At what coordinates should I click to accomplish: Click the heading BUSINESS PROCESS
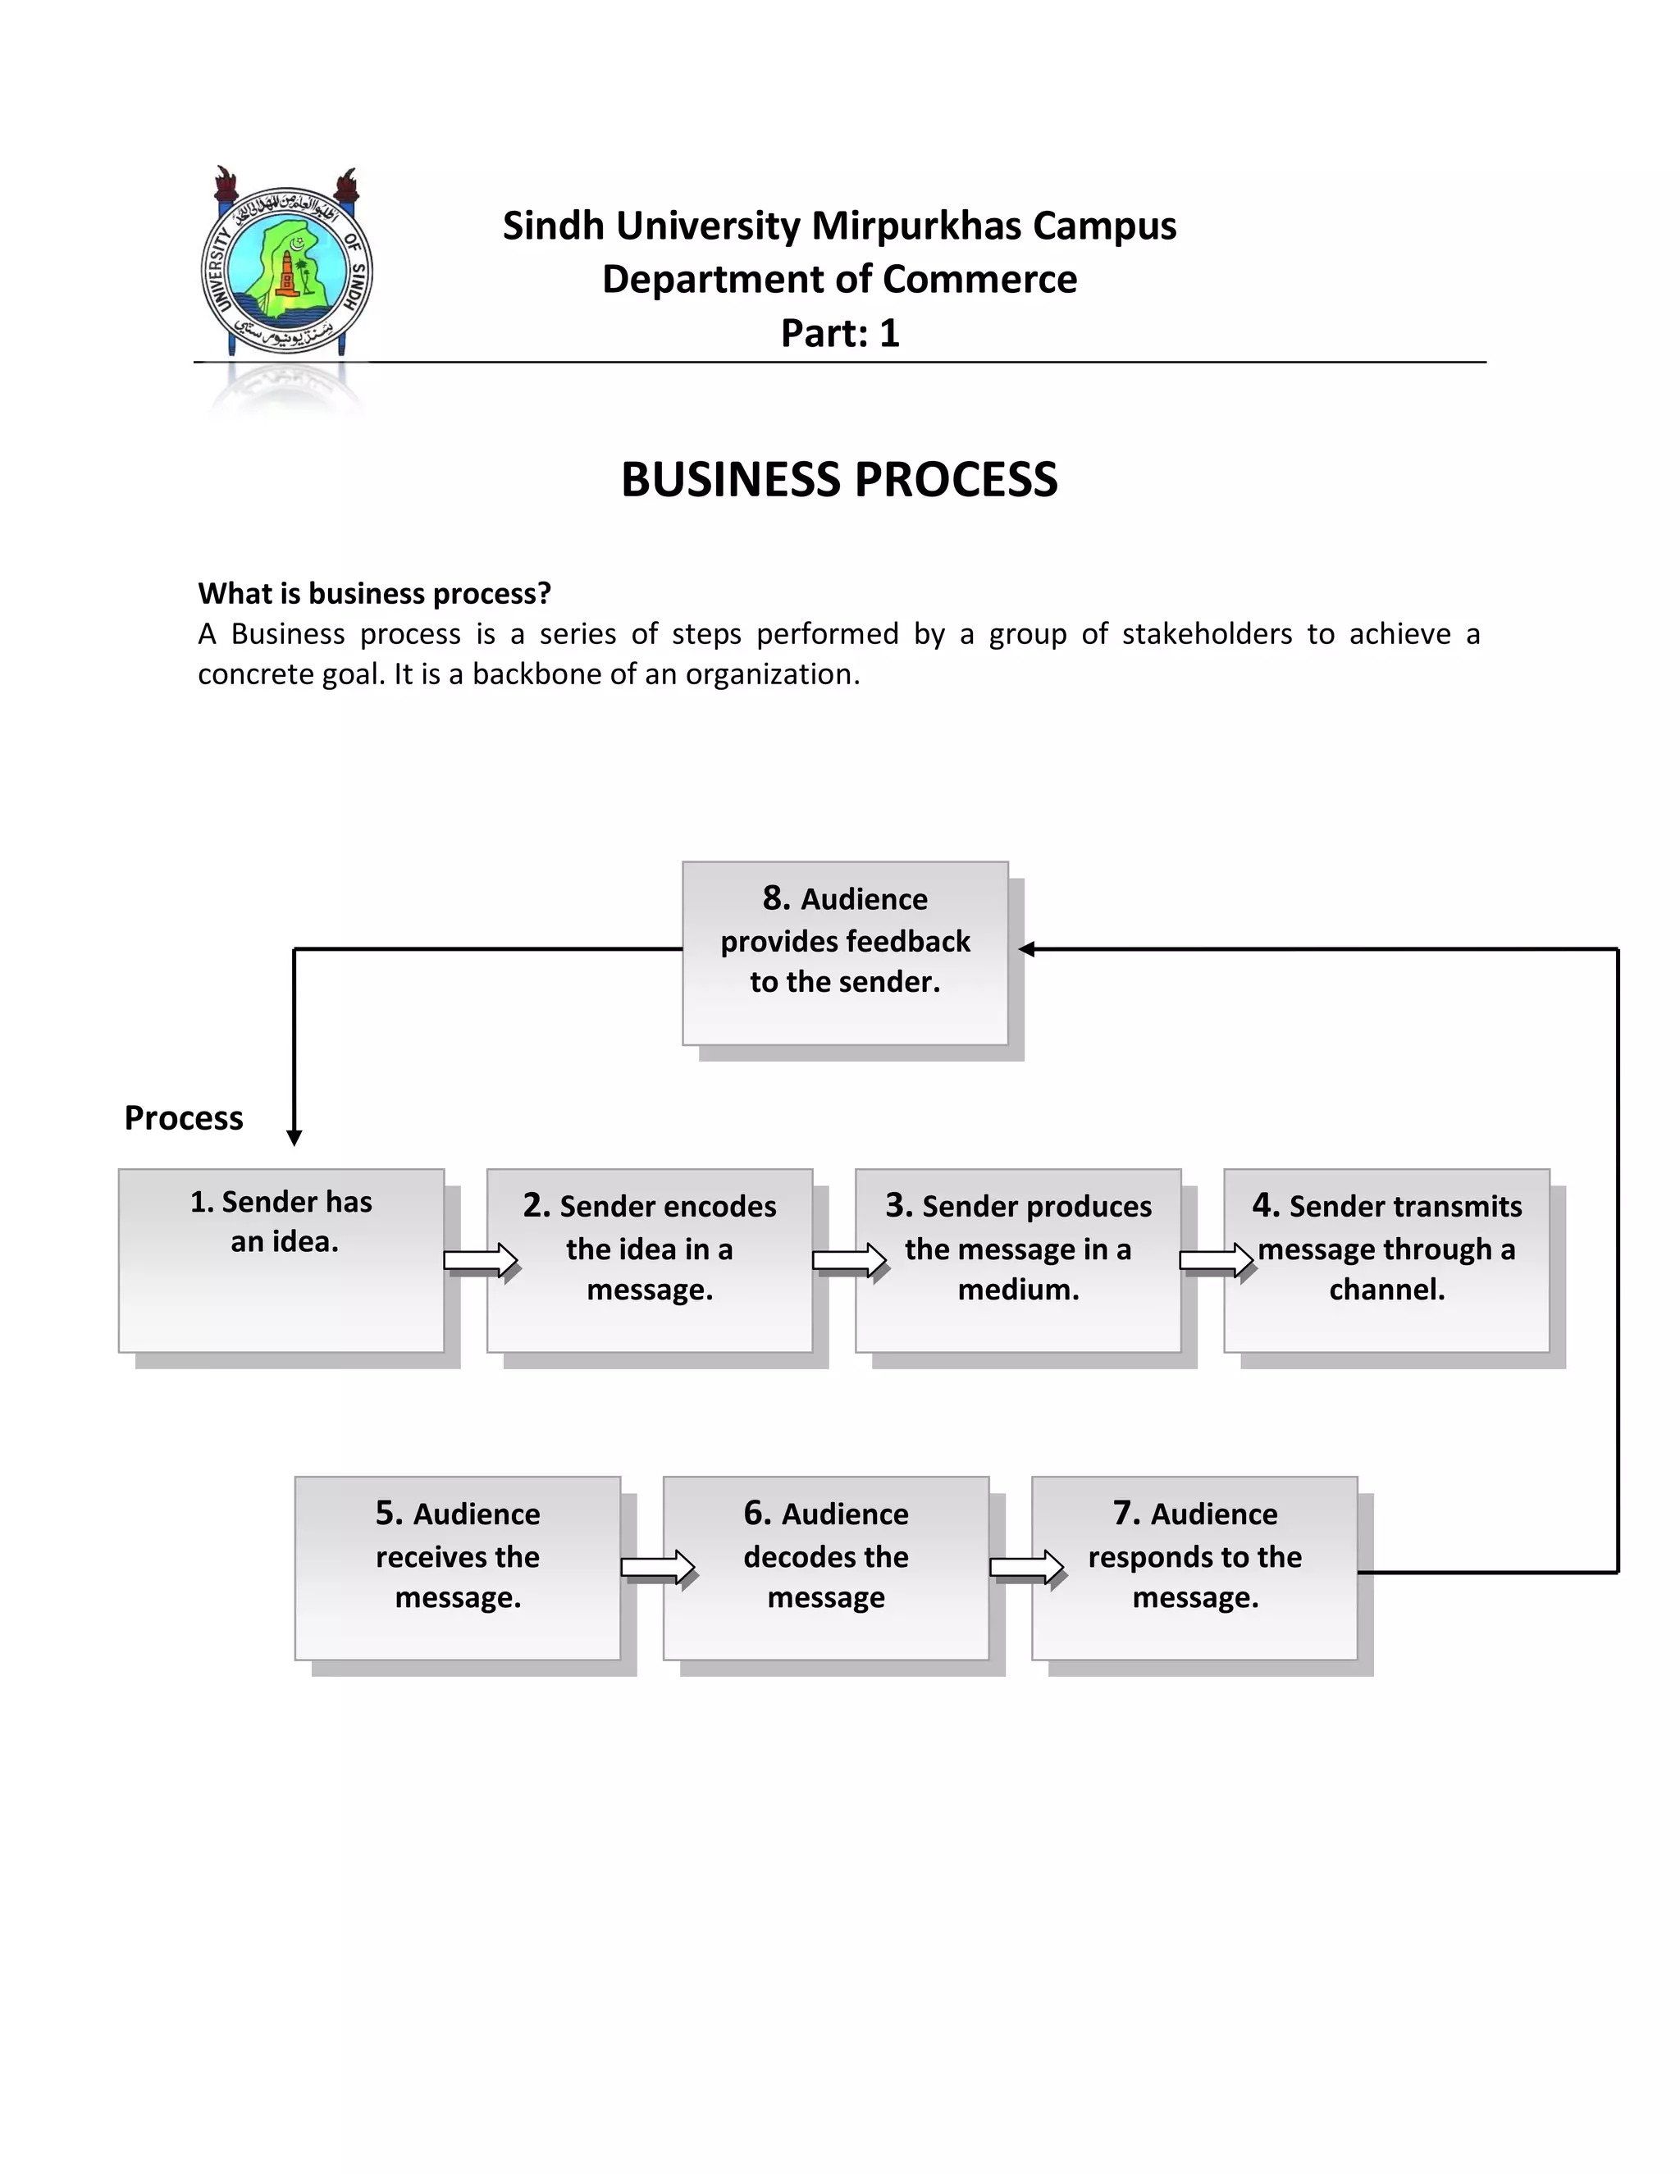(x=839, y=480)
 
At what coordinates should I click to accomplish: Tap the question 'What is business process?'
(x=374, y=593)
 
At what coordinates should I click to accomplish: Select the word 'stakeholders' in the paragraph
(x=1206, y=634)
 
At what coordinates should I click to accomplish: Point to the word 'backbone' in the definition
(x=536, y=675)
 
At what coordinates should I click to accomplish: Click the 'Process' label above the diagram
(x=183, y=1118)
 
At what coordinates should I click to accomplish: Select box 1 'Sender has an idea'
(x=281, y=1260)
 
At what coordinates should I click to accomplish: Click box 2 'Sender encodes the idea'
(x=650, y=1260)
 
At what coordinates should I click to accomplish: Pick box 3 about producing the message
(x=1018, y=1260)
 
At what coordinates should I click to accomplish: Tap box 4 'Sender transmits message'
(x=1386, y=1260)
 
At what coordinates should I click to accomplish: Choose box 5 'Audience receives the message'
(x=458, y=1568)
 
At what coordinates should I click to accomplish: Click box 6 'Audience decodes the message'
(x=826, y=1568)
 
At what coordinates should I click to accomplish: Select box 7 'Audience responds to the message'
(x=1194, y=1568)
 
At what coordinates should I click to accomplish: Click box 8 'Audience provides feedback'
(x=845, y=952)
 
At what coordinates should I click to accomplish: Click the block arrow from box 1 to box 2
(x=481, y=1261)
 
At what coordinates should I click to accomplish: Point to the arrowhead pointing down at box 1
(x=294, y=1138)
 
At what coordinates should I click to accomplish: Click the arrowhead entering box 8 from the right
(x=1027, y=950)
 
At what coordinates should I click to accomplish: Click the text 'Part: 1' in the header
(x=839, y=333)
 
